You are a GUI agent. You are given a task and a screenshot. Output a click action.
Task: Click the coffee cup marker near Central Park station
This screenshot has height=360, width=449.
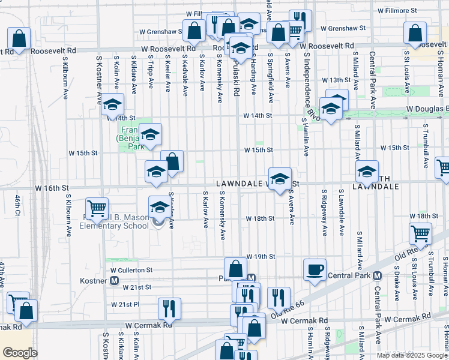[315, 269]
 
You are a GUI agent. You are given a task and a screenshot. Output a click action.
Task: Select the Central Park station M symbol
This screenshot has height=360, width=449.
[377, 276]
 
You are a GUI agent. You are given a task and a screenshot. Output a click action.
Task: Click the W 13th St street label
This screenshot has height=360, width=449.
[336, 80]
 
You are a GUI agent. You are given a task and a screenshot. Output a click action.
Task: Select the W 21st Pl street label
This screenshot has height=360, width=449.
[125, 305]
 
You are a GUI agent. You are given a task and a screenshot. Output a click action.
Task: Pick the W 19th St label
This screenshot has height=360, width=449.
[260, 256]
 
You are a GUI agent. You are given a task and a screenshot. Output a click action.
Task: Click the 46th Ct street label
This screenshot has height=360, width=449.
[17, 205]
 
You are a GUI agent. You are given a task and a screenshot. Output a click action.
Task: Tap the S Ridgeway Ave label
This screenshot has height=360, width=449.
[324, 214]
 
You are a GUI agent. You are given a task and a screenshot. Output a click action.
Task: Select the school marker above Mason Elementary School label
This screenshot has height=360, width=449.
[160, 207]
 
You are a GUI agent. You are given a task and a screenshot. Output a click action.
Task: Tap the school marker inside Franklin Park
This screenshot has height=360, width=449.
[151, 133]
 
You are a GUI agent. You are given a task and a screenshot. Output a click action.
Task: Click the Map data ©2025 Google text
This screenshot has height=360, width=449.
[412, 355]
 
